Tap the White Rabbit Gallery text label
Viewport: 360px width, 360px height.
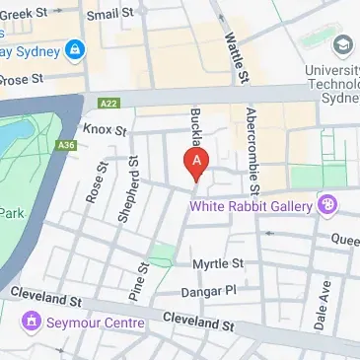point(252,206)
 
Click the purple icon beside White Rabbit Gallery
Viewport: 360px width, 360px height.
point(327,205)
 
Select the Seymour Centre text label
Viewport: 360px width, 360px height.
point(91,321)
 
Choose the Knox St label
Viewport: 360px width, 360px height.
point(106,130)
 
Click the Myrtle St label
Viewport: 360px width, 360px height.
point(217,264)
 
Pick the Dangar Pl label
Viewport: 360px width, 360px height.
point(209,291)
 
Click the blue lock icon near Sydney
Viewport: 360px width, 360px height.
point(75,48)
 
